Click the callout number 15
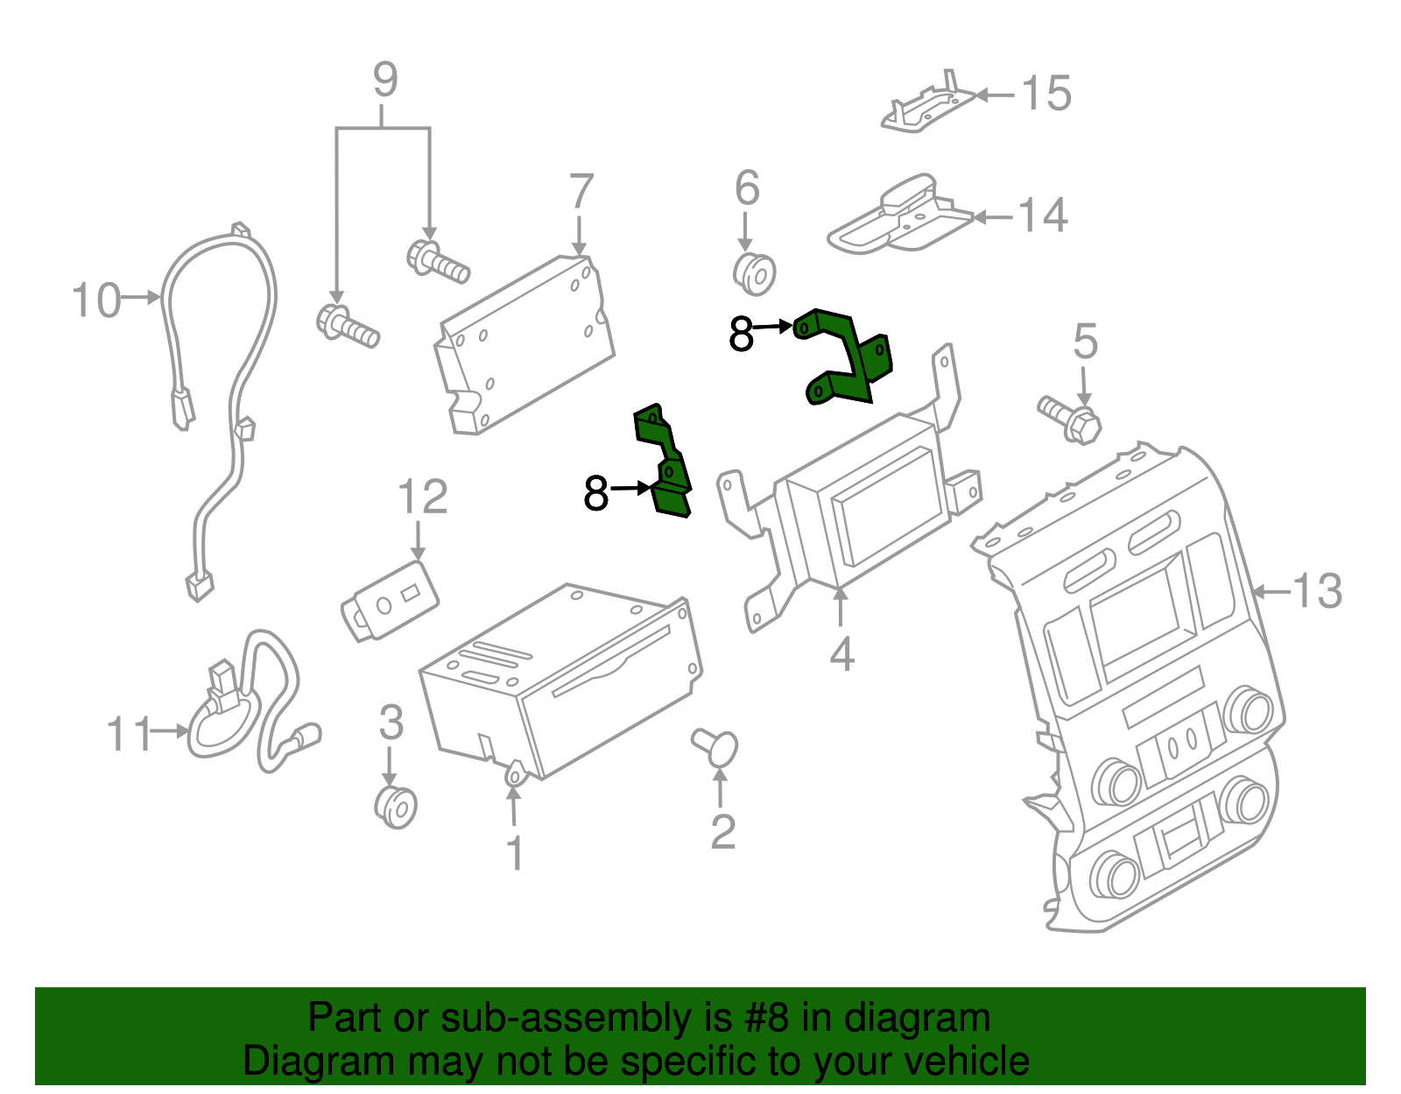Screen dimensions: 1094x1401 click(x=1046, y=94)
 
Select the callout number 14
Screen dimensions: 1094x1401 click(x=1042, y=215)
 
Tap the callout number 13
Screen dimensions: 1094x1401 click(x=1316, y=591)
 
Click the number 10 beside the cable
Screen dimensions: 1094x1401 click(x=95, y=300)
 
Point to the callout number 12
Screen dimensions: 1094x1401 click(x=422, y=498)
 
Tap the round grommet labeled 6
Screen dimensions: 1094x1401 click(x=755, y=273)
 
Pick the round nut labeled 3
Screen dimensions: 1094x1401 click(x=396, y=807)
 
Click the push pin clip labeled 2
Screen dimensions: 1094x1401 click(x=716, y=747)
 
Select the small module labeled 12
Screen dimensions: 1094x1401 click(x=390, y=602)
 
